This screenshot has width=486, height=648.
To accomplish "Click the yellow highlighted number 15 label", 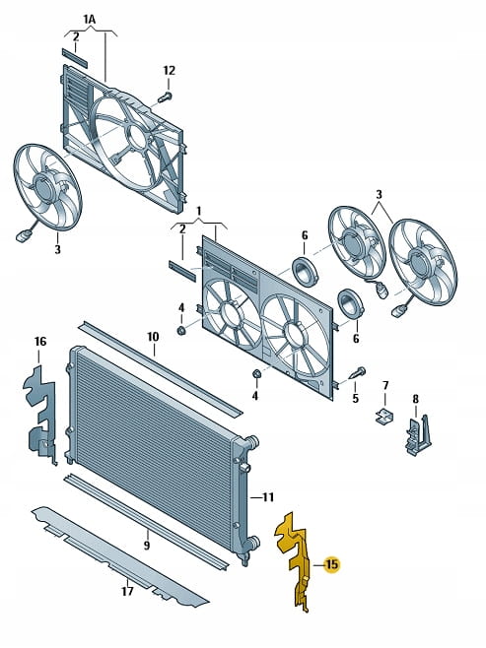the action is click(331, 563).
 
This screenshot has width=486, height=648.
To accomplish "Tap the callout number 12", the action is click(170, 71).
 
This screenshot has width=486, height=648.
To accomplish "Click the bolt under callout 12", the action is click(165, 97).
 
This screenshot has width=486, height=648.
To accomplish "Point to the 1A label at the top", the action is click(90, 19).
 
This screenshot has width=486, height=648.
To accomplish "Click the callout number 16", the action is click(40, 342).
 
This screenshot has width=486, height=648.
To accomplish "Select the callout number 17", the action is click(127, 591).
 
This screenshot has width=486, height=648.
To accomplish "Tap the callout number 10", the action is click(153, 337).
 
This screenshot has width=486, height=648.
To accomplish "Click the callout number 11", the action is click(268, 496).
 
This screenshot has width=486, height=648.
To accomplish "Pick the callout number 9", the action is click(147, 546).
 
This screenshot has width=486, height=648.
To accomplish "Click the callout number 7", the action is click(385, 386).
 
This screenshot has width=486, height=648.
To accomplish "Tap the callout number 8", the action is click(415, 399).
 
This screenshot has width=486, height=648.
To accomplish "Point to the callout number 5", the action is click(355, 399).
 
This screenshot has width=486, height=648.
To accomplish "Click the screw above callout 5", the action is click(358, 373).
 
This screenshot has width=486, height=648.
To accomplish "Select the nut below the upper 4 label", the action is click(180, 331).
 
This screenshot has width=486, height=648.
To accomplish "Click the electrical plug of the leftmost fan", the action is click(22, 236).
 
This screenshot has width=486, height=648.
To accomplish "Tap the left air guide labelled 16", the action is click(39, 414).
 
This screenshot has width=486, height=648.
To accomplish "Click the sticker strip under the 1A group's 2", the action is click(75, 58).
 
